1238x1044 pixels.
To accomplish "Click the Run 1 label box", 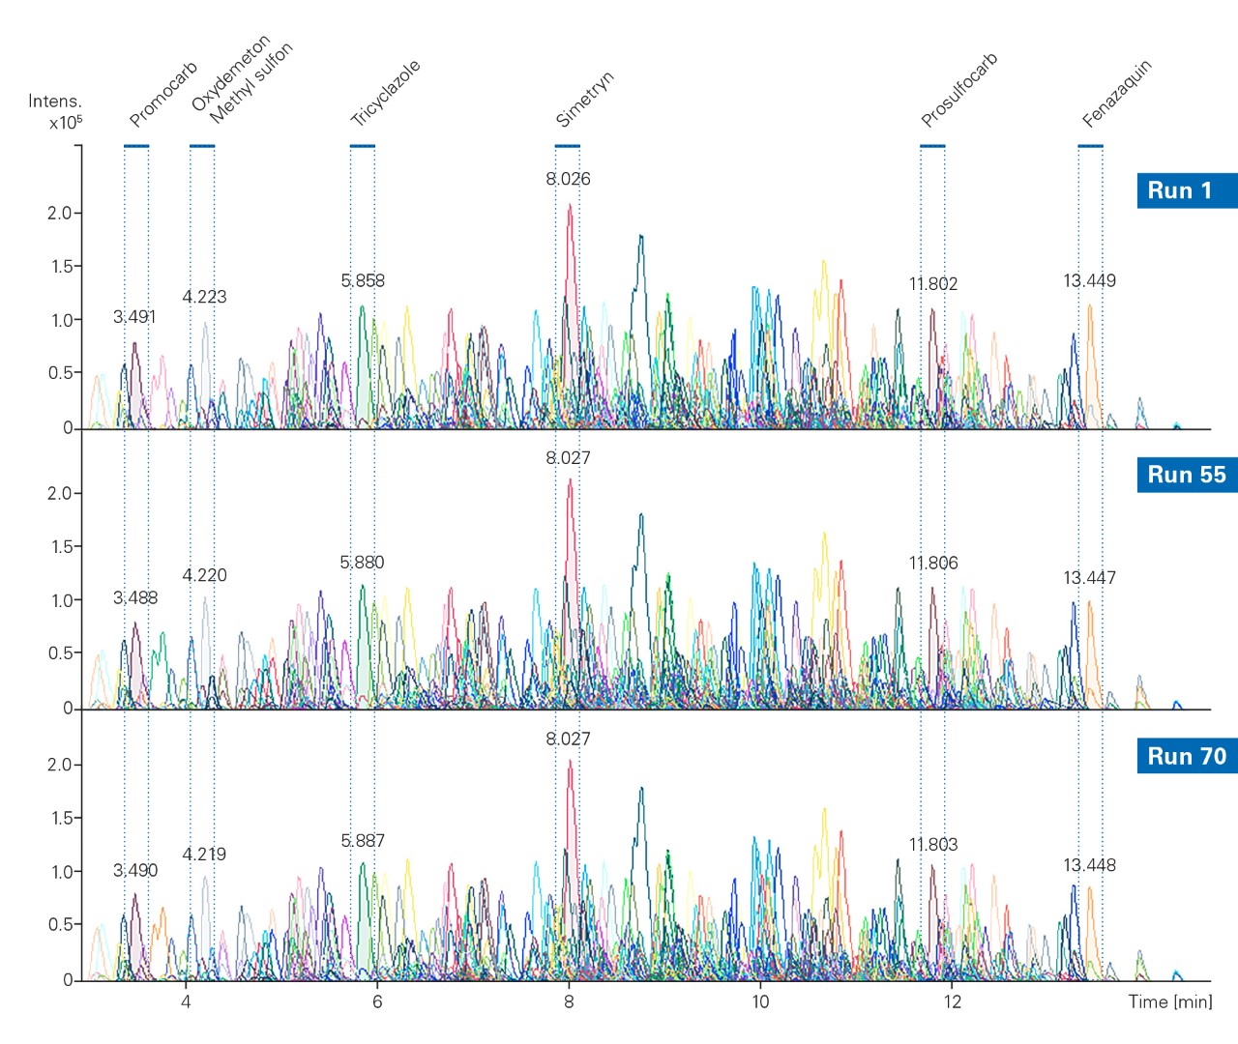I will pos(1186,190).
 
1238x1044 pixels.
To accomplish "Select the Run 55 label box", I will pos(1186,475).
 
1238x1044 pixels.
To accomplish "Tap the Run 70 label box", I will pos(1186,756).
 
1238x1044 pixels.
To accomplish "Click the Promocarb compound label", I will pos(163,94).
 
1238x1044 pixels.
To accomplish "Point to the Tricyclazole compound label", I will pos(385,93).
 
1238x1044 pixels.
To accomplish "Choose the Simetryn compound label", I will pos(584,99).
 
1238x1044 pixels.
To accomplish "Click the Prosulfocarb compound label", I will pos(958,90).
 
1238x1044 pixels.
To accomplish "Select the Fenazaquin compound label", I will pos(1117,94).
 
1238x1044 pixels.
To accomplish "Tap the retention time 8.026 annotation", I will pos(568,179).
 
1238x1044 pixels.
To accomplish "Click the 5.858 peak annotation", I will pos(363,281).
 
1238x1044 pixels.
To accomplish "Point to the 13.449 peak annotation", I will pos(1089,281).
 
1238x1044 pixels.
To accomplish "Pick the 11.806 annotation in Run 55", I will pos(933,564).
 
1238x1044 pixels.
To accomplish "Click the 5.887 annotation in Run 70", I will pos(363,841).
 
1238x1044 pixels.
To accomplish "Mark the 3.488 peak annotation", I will pos(135,598).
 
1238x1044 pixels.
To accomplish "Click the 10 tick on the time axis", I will pos(760,1001).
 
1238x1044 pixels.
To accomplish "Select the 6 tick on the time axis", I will pos(377,1001).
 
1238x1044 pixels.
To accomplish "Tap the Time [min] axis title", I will pos(1169,1001).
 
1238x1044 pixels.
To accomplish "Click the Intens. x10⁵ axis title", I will pos(55,111).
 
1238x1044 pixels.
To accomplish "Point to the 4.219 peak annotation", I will pos(204,855).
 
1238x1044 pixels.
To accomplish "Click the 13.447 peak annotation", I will pos(1089,578).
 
